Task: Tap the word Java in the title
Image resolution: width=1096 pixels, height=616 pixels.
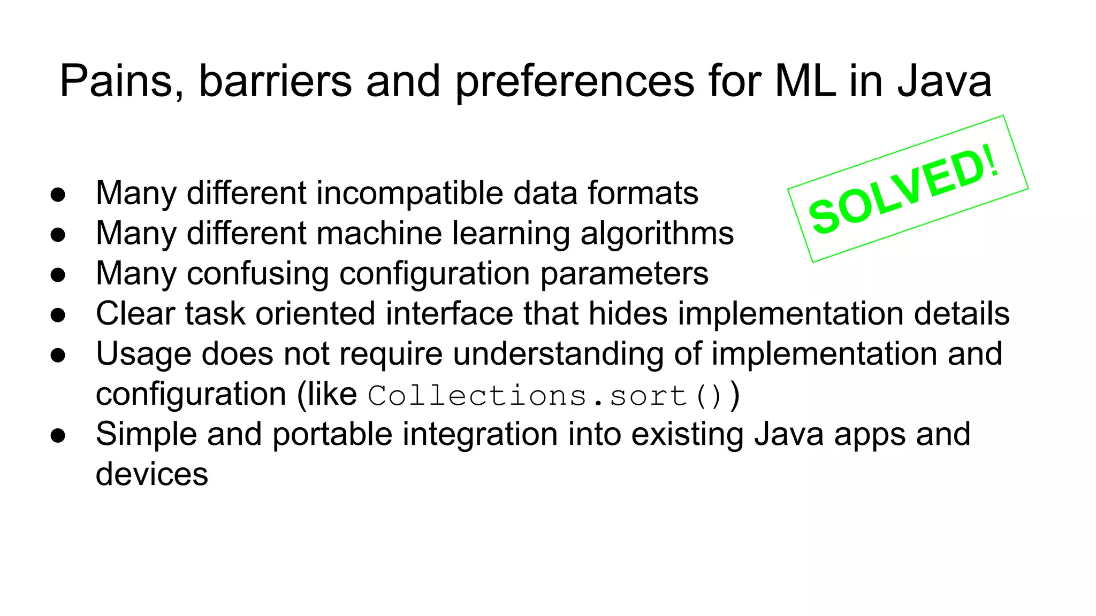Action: [x=944, y=81]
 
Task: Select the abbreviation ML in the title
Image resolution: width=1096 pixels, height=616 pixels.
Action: [x=805, y=81]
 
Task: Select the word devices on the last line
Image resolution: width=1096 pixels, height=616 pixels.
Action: [x=151, y=474]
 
